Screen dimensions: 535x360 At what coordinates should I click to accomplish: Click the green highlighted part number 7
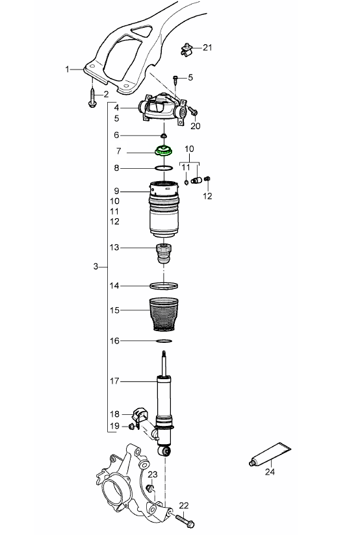pyautogui.click(x=162, y=153)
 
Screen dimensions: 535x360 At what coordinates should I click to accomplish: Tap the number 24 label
pyautogui.click(x=270, y=473)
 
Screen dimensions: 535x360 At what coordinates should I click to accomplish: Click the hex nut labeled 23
pyautogui.click(x=150, y=488)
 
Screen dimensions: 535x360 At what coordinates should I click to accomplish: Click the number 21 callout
pyautogui.click(x=207, y=47)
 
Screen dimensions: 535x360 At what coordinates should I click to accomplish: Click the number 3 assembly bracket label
pyautogui.click(x=96, y=267)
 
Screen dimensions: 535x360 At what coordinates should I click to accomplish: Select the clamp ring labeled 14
pyautogui.click(x=164, y=285)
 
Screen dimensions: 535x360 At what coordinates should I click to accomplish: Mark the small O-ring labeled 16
pyautogui.click(x=164, y=340)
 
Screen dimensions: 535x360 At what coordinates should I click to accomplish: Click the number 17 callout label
pyautogui.click(x=116, y=381)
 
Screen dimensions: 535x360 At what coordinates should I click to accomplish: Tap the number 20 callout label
pyautogui.click(x=196, y=126)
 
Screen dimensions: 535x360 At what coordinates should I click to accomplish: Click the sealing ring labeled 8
pyautogui.click(x=164, y=168)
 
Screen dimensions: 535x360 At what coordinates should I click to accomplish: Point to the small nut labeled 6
pyautogui.click(x=164, y=135)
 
